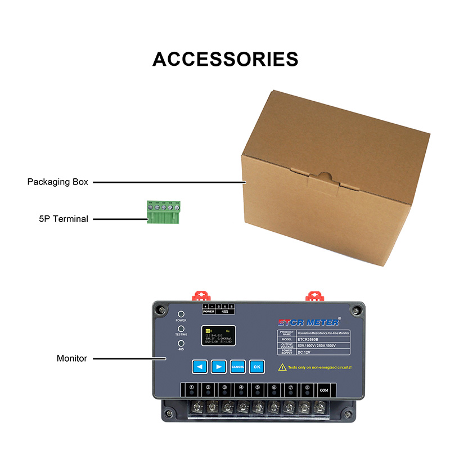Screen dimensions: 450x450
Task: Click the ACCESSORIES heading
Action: coord(225,59)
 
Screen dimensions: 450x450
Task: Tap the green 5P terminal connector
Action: coord(164,213)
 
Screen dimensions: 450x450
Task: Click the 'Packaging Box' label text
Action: coord(58,182)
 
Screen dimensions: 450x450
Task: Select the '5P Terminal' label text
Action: coord(60,219)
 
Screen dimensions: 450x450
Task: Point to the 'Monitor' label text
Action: coord(72,358)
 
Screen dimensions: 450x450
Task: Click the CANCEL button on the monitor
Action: coord(237,366)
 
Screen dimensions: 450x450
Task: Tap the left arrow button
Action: coord(200,366)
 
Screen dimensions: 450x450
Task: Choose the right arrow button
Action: coord(219,366)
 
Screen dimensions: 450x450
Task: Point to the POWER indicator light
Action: coord(181,315)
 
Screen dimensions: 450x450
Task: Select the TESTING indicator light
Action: coord(181,329)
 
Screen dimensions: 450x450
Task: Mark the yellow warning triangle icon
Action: coord(282,367)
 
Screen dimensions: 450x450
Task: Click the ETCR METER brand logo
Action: coord(309,322)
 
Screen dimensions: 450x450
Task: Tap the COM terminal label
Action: coord(323,388)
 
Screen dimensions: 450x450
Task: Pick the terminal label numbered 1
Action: coord(192,388)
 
